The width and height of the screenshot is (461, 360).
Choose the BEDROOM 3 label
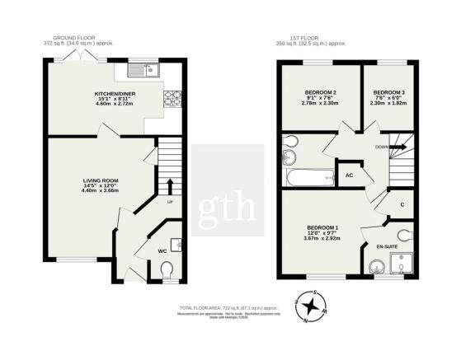pos(388,91)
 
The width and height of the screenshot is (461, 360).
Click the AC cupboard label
pos(350,175)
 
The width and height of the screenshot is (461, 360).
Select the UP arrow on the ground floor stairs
pos(170,185)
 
